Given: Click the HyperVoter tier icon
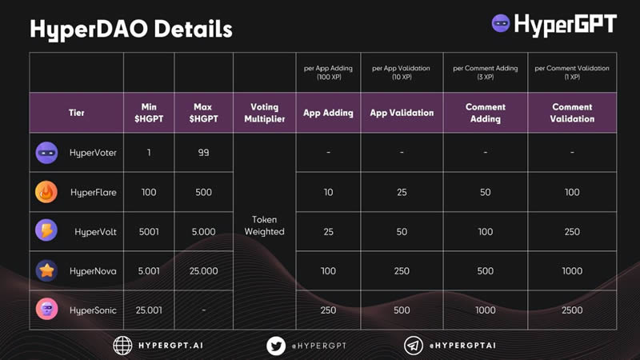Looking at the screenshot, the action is [46, 153].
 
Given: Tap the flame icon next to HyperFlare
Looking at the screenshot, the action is [46, 192].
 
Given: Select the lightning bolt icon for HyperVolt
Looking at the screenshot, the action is [46, 230].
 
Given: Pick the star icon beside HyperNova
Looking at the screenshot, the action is [46, 270].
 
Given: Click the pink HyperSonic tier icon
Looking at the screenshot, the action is [46, 309].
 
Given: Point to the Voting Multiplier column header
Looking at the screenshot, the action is [265, 113].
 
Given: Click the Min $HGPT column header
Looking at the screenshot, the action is [149, 113].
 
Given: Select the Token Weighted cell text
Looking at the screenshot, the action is [265, 226].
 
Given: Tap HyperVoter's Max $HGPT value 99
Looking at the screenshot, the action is [204, 152].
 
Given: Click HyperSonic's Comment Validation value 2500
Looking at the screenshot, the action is [572, 310].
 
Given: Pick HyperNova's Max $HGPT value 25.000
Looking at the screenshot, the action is [204, 270].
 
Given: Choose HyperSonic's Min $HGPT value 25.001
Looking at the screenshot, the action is [149, 310].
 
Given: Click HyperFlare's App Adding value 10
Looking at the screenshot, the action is [328, 192].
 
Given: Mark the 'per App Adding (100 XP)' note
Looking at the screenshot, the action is [328, 72].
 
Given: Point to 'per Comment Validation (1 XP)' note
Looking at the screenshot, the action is [572, 72].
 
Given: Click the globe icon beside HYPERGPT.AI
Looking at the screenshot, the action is [122, 346].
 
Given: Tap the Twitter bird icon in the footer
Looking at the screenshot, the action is [276, 346].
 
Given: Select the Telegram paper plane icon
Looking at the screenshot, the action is [414, 346].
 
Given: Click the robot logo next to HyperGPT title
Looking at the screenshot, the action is [501, 23].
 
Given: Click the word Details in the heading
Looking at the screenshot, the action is [193, 29].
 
